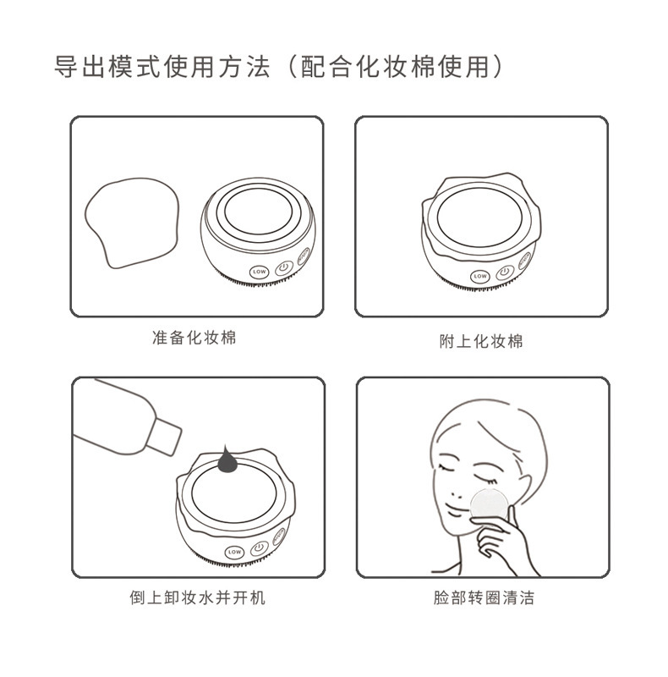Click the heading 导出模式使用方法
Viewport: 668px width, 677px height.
pos(162,68)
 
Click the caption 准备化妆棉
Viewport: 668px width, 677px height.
pos(194,337)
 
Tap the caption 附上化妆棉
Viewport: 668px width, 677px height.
pos(481,341)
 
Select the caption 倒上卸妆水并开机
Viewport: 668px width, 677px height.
pos(197,597)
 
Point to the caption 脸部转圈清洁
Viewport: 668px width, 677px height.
pos(484,597)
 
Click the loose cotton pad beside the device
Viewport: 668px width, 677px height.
pos(132,223)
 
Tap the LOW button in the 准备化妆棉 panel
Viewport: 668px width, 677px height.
pos(260,272)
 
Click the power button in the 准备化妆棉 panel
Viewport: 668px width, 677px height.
pos(283,267)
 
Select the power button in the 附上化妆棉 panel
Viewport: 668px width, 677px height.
pos(505,272)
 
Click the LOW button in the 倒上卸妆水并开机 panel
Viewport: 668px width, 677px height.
pos(234,552)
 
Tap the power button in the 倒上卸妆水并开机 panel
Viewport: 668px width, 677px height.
pos(259,548)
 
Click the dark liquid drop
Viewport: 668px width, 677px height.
pos(227,460)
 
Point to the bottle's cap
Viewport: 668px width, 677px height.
pos(164,436)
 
